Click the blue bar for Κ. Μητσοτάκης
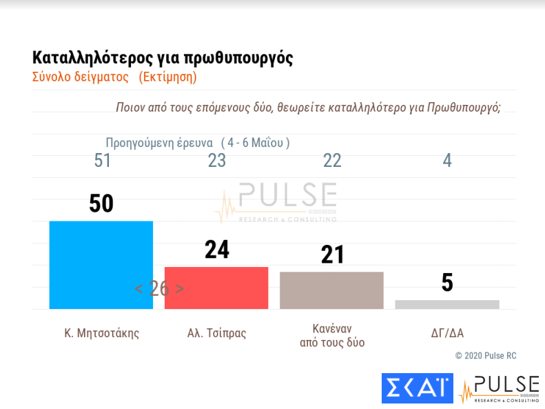pyautogui.click(x=101, y=265)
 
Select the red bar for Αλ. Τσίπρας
pyautogui.click(x=216, y=288)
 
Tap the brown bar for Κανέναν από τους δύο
pyautogui.click(x=331, y=290)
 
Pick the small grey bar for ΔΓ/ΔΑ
pyautogui.click(x=447, y=304)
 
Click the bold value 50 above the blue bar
pyautogui.click(x=101, y=203)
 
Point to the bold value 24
pyautogui.click(x=216, y=249)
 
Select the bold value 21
pyautogui.click(x=332, y=255)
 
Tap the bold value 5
pyautogui.click(x=447, y=283)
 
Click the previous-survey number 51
pyautogui.click(x=103, y=161)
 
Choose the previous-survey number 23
pyautogui.click(x=217, y=161)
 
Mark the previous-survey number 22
pyautogui.click(x=332, y=161)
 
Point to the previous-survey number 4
pyautogui.click(x=447, y=161)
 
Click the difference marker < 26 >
pyautogui.click(x=159, y=289)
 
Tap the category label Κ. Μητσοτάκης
pyautogui.click(x=101, y=333)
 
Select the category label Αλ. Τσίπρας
pyautogui.click(x=216, y=333)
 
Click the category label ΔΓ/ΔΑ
pyautogui.click(x=447, y=333)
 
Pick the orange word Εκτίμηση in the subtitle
pyautogui.click(x=167, y=77)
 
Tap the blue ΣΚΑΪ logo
pyautogui.click(x=417, y=388)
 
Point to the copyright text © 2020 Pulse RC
pyautogui.click(x=485, y=355)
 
